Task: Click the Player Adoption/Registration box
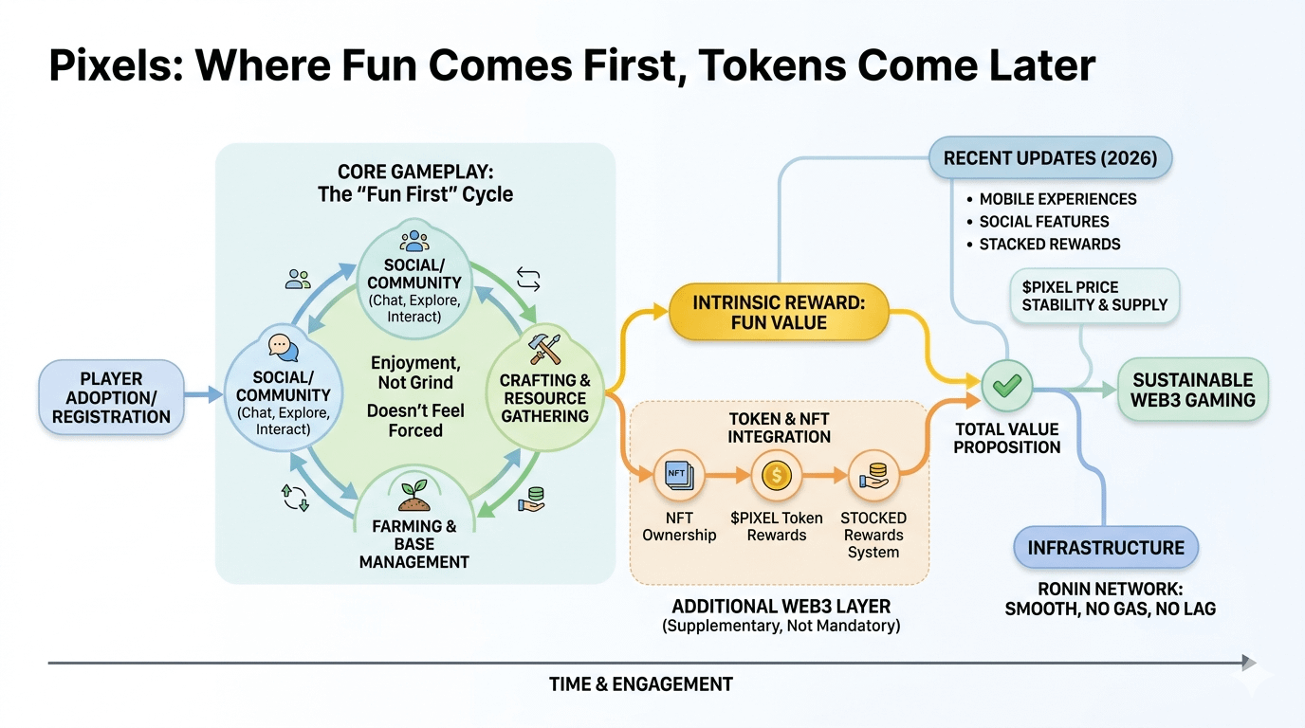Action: pyautogui.click(x=111, y=398)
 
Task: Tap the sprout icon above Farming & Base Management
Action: pyautogui.click(x=414, y=495)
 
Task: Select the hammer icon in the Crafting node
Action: pyautogui.click(x=544, y=349)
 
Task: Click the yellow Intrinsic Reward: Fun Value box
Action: pyautogui.click(x=779, y=313)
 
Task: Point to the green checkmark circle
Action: pyautogui.click(x=1005, y=385)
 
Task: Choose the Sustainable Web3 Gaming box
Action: pyautogui.click(x=1192, y=390)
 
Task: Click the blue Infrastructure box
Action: pyautogui.click(x=1106, y=548)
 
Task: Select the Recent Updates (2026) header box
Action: pyautogui.click(x=1050, y=157)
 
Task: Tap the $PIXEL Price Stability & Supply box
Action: pyautogui.click(x=1094, y=296)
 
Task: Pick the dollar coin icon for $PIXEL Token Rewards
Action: pyautogui.click(x=776, y=474)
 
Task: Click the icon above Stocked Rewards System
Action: pyautogui.click(x=873, y=474)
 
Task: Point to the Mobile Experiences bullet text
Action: pyautogui.click(x=1057, y=199)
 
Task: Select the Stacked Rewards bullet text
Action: pyautogui.click(x=1050, y=244)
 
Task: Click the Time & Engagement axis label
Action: pyautogui.click(x=641, y=684)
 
